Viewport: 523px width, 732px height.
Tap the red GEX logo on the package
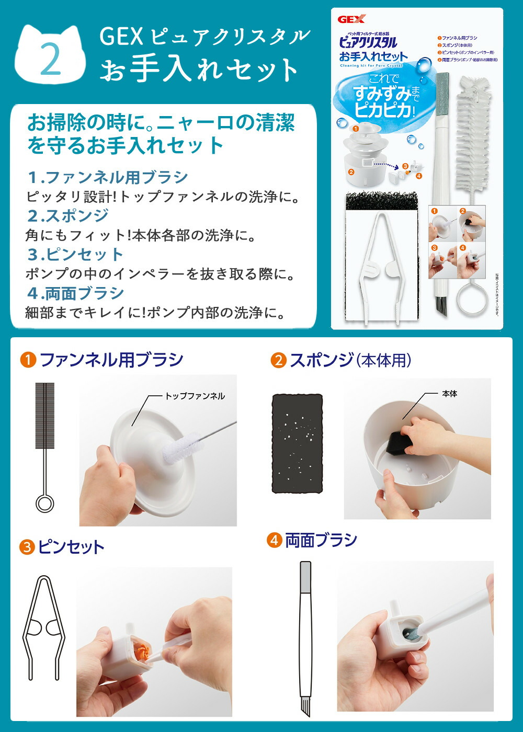348,20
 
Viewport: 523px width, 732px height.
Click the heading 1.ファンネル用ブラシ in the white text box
107,177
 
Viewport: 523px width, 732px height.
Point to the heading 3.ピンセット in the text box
75,254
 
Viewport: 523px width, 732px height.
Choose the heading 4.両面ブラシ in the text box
75,293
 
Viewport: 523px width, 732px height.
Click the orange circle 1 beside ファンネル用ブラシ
28,360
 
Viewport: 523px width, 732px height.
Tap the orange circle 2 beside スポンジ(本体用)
278,360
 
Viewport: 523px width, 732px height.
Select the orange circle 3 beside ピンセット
27,547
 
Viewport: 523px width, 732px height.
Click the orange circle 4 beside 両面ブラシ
274,540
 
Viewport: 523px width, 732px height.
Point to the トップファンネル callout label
195,396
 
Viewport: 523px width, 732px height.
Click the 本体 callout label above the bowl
449,394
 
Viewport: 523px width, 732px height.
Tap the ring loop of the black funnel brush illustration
44,504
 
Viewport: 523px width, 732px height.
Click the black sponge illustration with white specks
297,443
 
